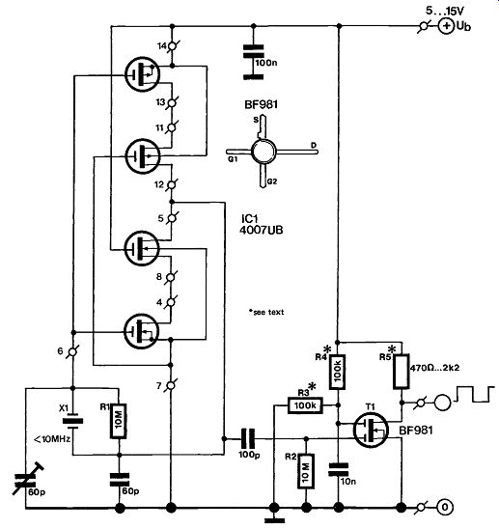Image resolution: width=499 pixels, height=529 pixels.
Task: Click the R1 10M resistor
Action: [119, 421]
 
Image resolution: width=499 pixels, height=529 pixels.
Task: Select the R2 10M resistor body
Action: [306, 471]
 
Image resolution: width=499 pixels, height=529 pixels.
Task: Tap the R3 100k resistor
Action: [305, 405]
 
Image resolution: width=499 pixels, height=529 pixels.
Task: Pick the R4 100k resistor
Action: [338, 372]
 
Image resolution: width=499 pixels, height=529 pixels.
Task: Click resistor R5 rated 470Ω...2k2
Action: [402, 371]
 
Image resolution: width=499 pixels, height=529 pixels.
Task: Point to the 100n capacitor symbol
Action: [254, 62]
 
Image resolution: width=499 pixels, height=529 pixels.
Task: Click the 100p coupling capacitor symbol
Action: [248, 438]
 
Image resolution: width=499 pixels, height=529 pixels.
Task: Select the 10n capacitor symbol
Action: [339, 469]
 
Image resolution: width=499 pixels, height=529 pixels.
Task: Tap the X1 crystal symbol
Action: [73, 421]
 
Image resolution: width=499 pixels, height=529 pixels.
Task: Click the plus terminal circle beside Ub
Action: [446, 26]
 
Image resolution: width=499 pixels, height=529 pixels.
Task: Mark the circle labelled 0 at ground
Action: [445, 507]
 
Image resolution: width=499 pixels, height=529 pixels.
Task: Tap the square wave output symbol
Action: [475, 394]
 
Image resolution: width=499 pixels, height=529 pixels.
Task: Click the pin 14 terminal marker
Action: [173, 45]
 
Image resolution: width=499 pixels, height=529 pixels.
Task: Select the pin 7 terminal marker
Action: [171, 385]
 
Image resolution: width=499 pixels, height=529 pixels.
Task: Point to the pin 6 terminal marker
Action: [73, 352]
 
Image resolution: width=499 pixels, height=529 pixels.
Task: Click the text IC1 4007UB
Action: [262, 224]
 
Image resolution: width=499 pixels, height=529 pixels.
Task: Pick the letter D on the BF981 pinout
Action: [314, 145]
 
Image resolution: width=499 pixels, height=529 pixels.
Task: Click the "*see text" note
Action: [266, 312]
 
